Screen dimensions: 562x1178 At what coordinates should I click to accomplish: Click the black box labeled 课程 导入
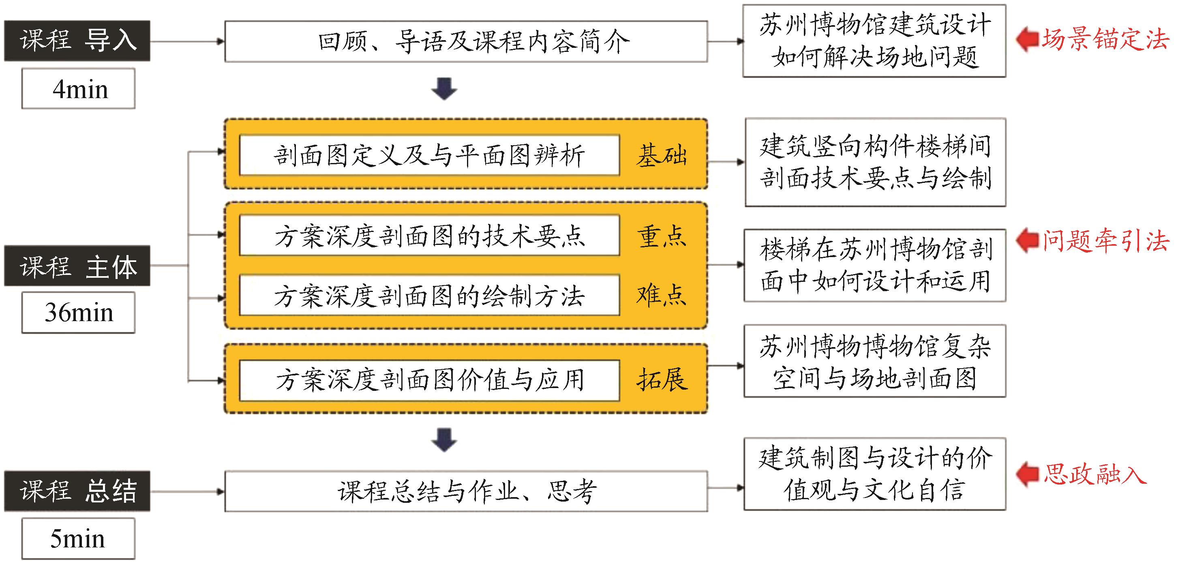coord(77,41)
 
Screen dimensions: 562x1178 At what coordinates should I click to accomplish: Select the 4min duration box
coord(78,89)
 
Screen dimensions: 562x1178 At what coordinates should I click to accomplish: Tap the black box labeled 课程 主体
coord(77,266)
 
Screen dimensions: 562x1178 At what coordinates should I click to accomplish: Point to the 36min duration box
coord(78,313)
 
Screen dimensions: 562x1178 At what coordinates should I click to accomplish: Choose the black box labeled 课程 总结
coord(77,491)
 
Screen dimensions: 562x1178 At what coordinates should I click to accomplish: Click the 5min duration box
coord(78,538)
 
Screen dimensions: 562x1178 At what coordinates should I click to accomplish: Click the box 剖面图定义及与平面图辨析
coord(429,155)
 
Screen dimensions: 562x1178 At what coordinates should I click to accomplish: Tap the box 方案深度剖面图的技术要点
coord(429,236)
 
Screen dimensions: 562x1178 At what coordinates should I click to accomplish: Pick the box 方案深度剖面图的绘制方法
coord(429,295)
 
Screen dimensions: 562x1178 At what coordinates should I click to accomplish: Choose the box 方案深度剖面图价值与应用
coord(429,380)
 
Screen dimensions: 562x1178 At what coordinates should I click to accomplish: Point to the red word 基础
coord(662,155)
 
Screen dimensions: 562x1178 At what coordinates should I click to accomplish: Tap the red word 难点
coord(662,295)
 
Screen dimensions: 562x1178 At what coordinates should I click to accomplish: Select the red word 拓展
coord(662,380)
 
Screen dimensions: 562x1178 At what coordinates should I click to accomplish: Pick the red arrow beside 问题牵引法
coord(1027,240)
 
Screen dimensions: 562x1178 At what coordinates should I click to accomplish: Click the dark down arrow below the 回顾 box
coord(444,89)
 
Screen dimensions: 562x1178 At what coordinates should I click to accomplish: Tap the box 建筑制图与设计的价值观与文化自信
coord(874,474)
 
